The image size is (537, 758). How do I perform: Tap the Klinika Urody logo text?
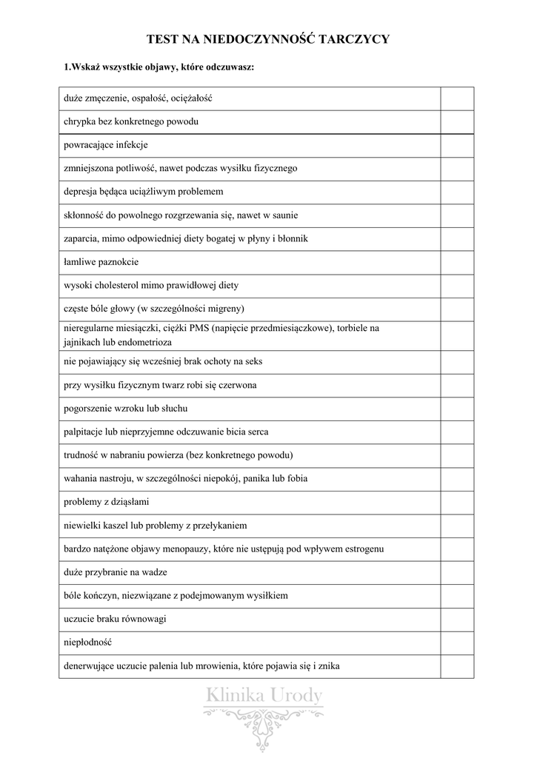264,696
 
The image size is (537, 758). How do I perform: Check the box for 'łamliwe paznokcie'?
458,262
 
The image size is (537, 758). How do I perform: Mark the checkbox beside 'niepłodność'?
458,643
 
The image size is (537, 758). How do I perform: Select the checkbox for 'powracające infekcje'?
458,146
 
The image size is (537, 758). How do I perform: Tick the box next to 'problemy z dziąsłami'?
458,503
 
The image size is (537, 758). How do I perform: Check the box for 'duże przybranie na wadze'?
458,572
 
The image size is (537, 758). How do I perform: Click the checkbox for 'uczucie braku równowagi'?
458,619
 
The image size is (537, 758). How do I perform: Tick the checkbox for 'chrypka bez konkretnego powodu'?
458,122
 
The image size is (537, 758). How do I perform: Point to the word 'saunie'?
285,215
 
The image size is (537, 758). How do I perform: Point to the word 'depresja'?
81,192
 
